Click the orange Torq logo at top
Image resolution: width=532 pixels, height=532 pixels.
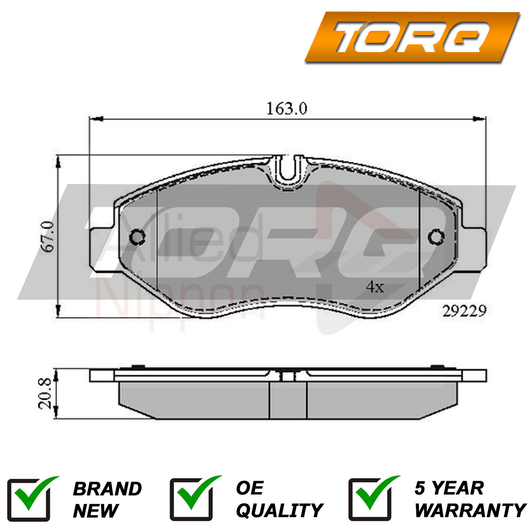click(x=412, y=37)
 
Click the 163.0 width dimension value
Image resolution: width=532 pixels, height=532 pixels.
click(x=286, y=109)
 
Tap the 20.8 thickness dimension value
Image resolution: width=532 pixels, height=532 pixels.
click(x=44, y=394)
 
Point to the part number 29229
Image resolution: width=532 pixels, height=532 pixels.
click(x=464, y=311)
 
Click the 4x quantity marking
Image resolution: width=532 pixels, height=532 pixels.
click(x=375, y=287)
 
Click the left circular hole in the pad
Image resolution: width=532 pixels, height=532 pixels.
click(x=137, y=237)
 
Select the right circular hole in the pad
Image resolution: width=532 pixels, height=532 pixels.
click(x=436, y=237)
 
